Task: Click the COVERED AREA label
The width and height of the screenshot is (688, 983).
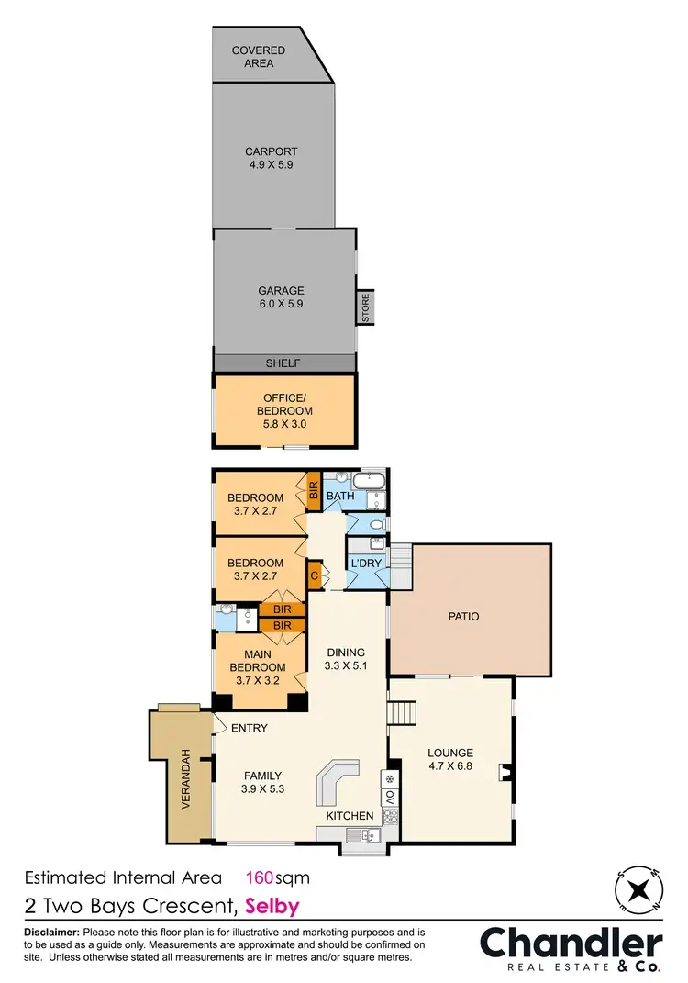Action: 258,57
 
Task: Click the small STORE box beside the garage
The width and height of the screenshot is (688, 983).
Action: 365,307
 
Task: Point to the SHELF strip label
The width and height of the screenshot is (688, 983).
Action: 283,363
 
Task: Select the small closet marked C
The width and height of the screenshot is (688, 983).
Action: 315,575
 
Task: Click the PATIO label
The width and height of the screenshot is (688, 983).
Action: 463,616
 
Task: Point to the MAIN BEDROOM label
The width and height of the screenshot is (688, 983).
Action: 257,661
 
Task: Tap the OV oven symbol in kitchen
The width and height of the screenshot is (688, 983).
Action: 388,797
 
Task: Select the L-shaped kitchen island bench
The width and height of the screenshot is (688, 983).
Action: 337,784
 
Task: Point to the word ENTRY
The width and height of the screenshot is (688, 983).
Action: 250,729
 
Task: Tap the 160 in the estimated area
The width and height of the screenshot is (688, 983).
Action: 264,877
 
